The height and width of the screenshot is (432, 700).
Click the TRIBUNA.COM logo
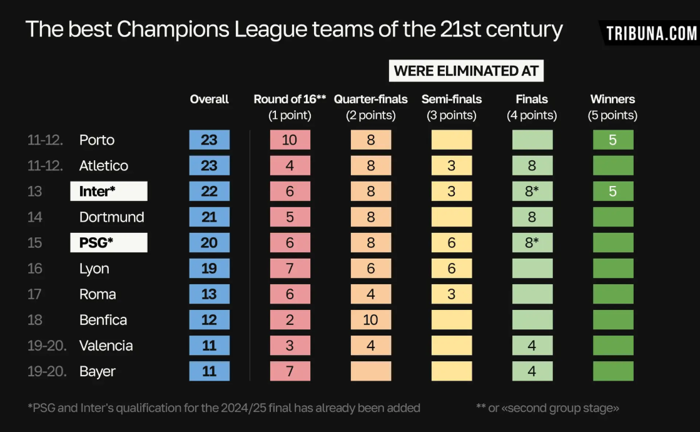coord(651,33)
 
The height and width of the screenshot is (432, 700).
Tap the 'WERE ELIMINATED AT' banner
coord(466,71)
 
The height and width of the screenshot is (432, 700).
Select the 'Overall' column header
coord(210,99)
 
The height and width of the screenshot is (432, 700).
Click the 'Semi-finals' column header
coord(452,99)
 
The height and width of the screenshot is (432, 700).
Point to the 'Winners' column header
coord(612,99)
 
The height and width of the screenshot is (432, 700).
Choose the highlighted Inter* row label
coord(109,192)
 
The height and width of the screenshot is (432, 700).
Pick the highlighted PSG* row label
coord(109,243)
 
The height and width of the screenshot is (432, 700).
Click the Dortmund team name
coord(112,217)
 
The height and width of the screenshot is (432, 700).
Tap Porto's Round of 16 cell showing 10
coord(290,140)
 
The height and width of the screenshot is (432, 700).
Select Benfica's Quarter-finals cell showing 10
coord(371,320)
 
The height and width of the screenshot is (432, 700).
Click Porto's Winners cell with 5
coord(613,140)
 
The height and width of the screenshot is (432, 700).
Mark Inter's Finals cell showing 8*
coord(532,192)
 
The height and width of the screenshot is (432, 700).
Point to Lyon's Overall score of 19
coord(210,269)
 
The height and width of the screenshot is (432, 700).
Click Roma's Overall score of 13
coord(210,294)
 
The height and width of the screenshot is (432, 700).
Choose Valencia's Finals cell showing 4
coord(532,346)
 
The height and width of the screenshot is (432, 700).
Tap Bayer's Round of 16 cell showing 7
coord(290,371)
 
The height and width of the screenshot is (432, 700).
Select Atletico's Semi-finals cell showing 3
coord(452,166)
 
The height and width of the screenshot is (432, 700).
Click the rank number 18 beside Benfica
coord(35,320)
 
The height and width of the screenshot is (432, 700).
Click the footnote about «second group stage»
coord(548,408)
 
